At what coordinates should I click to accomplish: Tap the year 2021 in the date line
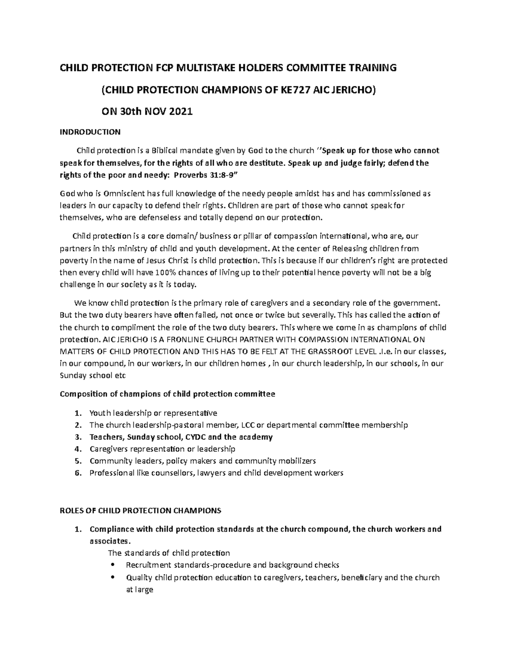(181, 112)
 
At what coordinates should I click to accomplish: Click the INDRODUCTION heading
(90, 132)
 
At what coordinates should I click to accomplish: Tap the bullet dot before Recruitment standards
(112, 565)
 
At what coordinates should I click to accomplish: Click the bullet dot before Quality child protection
(112, 577)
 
